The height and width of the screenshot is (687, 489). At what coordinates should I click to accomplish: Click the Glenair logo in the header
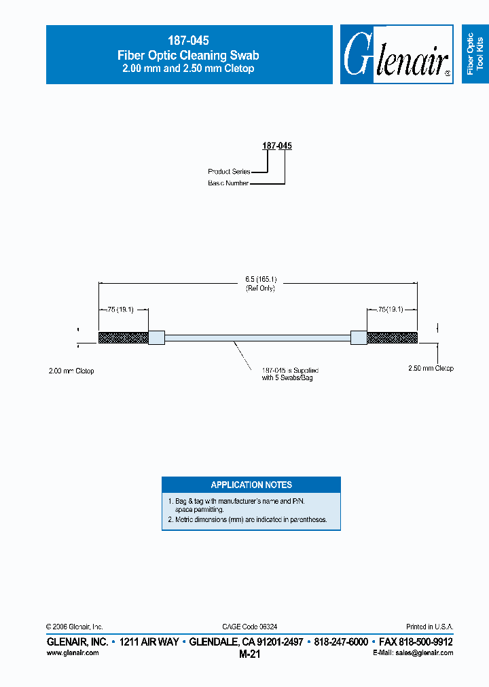pyautogui.click(x=397, y=55)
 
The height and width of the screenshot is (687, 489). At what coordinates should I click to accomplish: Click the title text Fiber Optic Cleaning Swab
pyautogui.click(x=188, y=55)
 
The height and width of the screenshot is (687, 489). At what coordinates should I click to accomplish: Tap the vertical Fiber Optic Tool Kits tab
pyautogui.click(x=475, y=54)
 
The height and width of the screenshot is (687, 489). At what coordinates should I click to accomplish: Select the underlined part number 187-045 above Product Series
pyautogui.click(x=277, y=145)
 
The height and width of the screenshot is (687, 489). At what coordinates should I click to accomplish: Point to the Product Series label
pyautogui.click(x=229, y=172)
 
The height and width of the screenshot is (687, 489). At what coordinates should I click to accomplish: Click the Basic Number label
pyautogui.click(x=228, y=183)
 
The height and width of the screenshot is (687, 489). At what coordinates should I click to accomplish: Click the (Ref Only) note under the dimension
pyautogui.click(x=260, y=288)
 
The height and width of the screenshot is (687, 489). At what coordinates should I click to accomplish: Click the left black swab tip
pyautogui.click(x=123, y=337)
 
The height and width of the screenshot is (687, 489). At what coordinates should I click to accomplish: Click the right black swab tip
pyautogui.click(x=392, y=337)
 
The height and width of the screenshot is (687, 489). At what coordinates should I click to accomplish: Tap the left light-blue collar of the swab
pyautogui.click(x=156, y=337)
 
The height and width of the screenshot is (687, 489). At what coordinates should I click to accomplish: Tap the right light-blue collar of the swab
pyautogui.click(x=359, y=337)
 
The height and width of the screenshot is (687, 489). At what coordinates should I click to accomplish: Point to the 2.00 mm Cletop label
pyautogui.click(x=71, y=371)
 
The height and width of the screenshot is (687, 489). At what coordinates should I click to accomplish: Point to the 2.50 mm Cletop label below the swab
pyautogui.click(x=430, y=368)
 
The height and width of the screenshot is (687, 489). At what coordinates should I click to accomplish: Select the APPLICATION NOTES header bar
pyautogui.click(x=251, y=485)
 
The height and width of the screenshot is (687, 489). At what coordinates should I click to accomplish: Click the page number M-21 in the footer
pyautogui.click(x=250, y=654)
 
